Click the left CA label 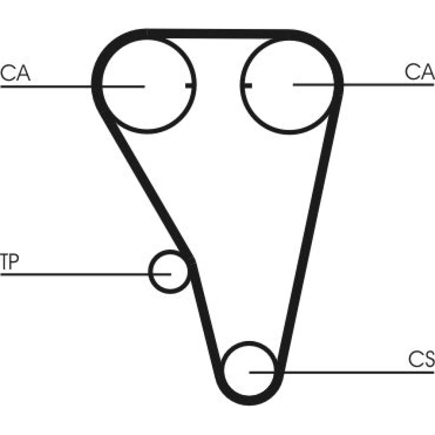tap(15, 73)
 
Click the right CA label tap(419, 71)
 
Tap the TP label tap(10, 261)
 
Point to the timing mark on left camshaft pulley tap(191, 86)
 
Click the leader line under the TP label tap(85, 274)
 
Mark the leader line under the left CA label tap(72, 87)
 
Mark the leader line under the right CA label tap(364, 85)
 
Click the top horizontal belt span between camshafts tap(218, 34)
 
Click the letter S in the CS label tap(428, 359)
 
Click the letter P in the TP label tap(13, 261)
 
